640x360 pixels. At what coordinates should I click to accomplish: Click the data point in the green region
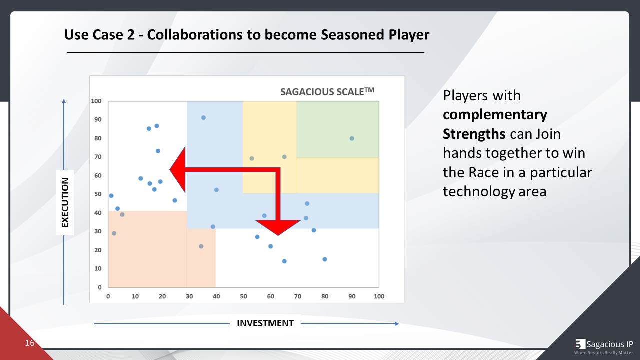pyautogui.click(x=352, y=138)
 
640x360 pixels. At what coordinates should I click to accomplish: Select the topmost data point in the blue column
pyautogui.click(x=203, y=118)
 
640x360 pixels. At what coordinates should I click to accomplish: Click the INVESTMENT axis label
pyautogui.click(x=265, y=323)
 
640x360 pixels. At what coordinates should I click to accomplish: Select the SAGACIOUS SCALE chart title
pyautogui.click(x=327, y=91)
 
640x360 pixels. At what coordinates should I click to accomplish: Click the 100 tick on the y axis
pyautogui.click(x=96, y=101)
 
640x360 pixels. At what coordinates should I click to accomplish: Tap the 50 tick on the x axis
pyautogui.click(x=243, y=296)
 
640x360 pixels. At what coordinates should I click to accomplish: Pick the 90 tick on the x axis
pyautogui.click(x=352, y=296)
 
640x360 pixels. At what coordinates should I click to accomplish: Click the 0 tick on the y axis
pyautogui.click(x=99, y=287)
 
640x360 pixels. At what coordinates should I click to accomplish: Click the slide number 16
pyautogui.click(x=30, y=343)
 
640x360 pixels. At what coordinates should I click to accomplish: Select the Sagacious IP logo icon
pyautogui.click(x=580, y=344)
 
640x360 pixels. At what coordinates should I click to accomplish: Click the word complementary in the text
pyautogui.click(x=495, y=115)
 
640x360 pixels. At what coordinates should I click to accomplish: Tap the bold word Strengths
pyautogui.click(x=474, y=134)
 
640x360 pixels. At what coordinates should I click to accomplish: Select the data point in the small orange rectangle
pyautogui.click(x=201, y=246)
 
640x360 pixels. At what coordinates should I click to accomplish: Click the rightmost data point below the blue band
pyautogui.click(x=325, y=259)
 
